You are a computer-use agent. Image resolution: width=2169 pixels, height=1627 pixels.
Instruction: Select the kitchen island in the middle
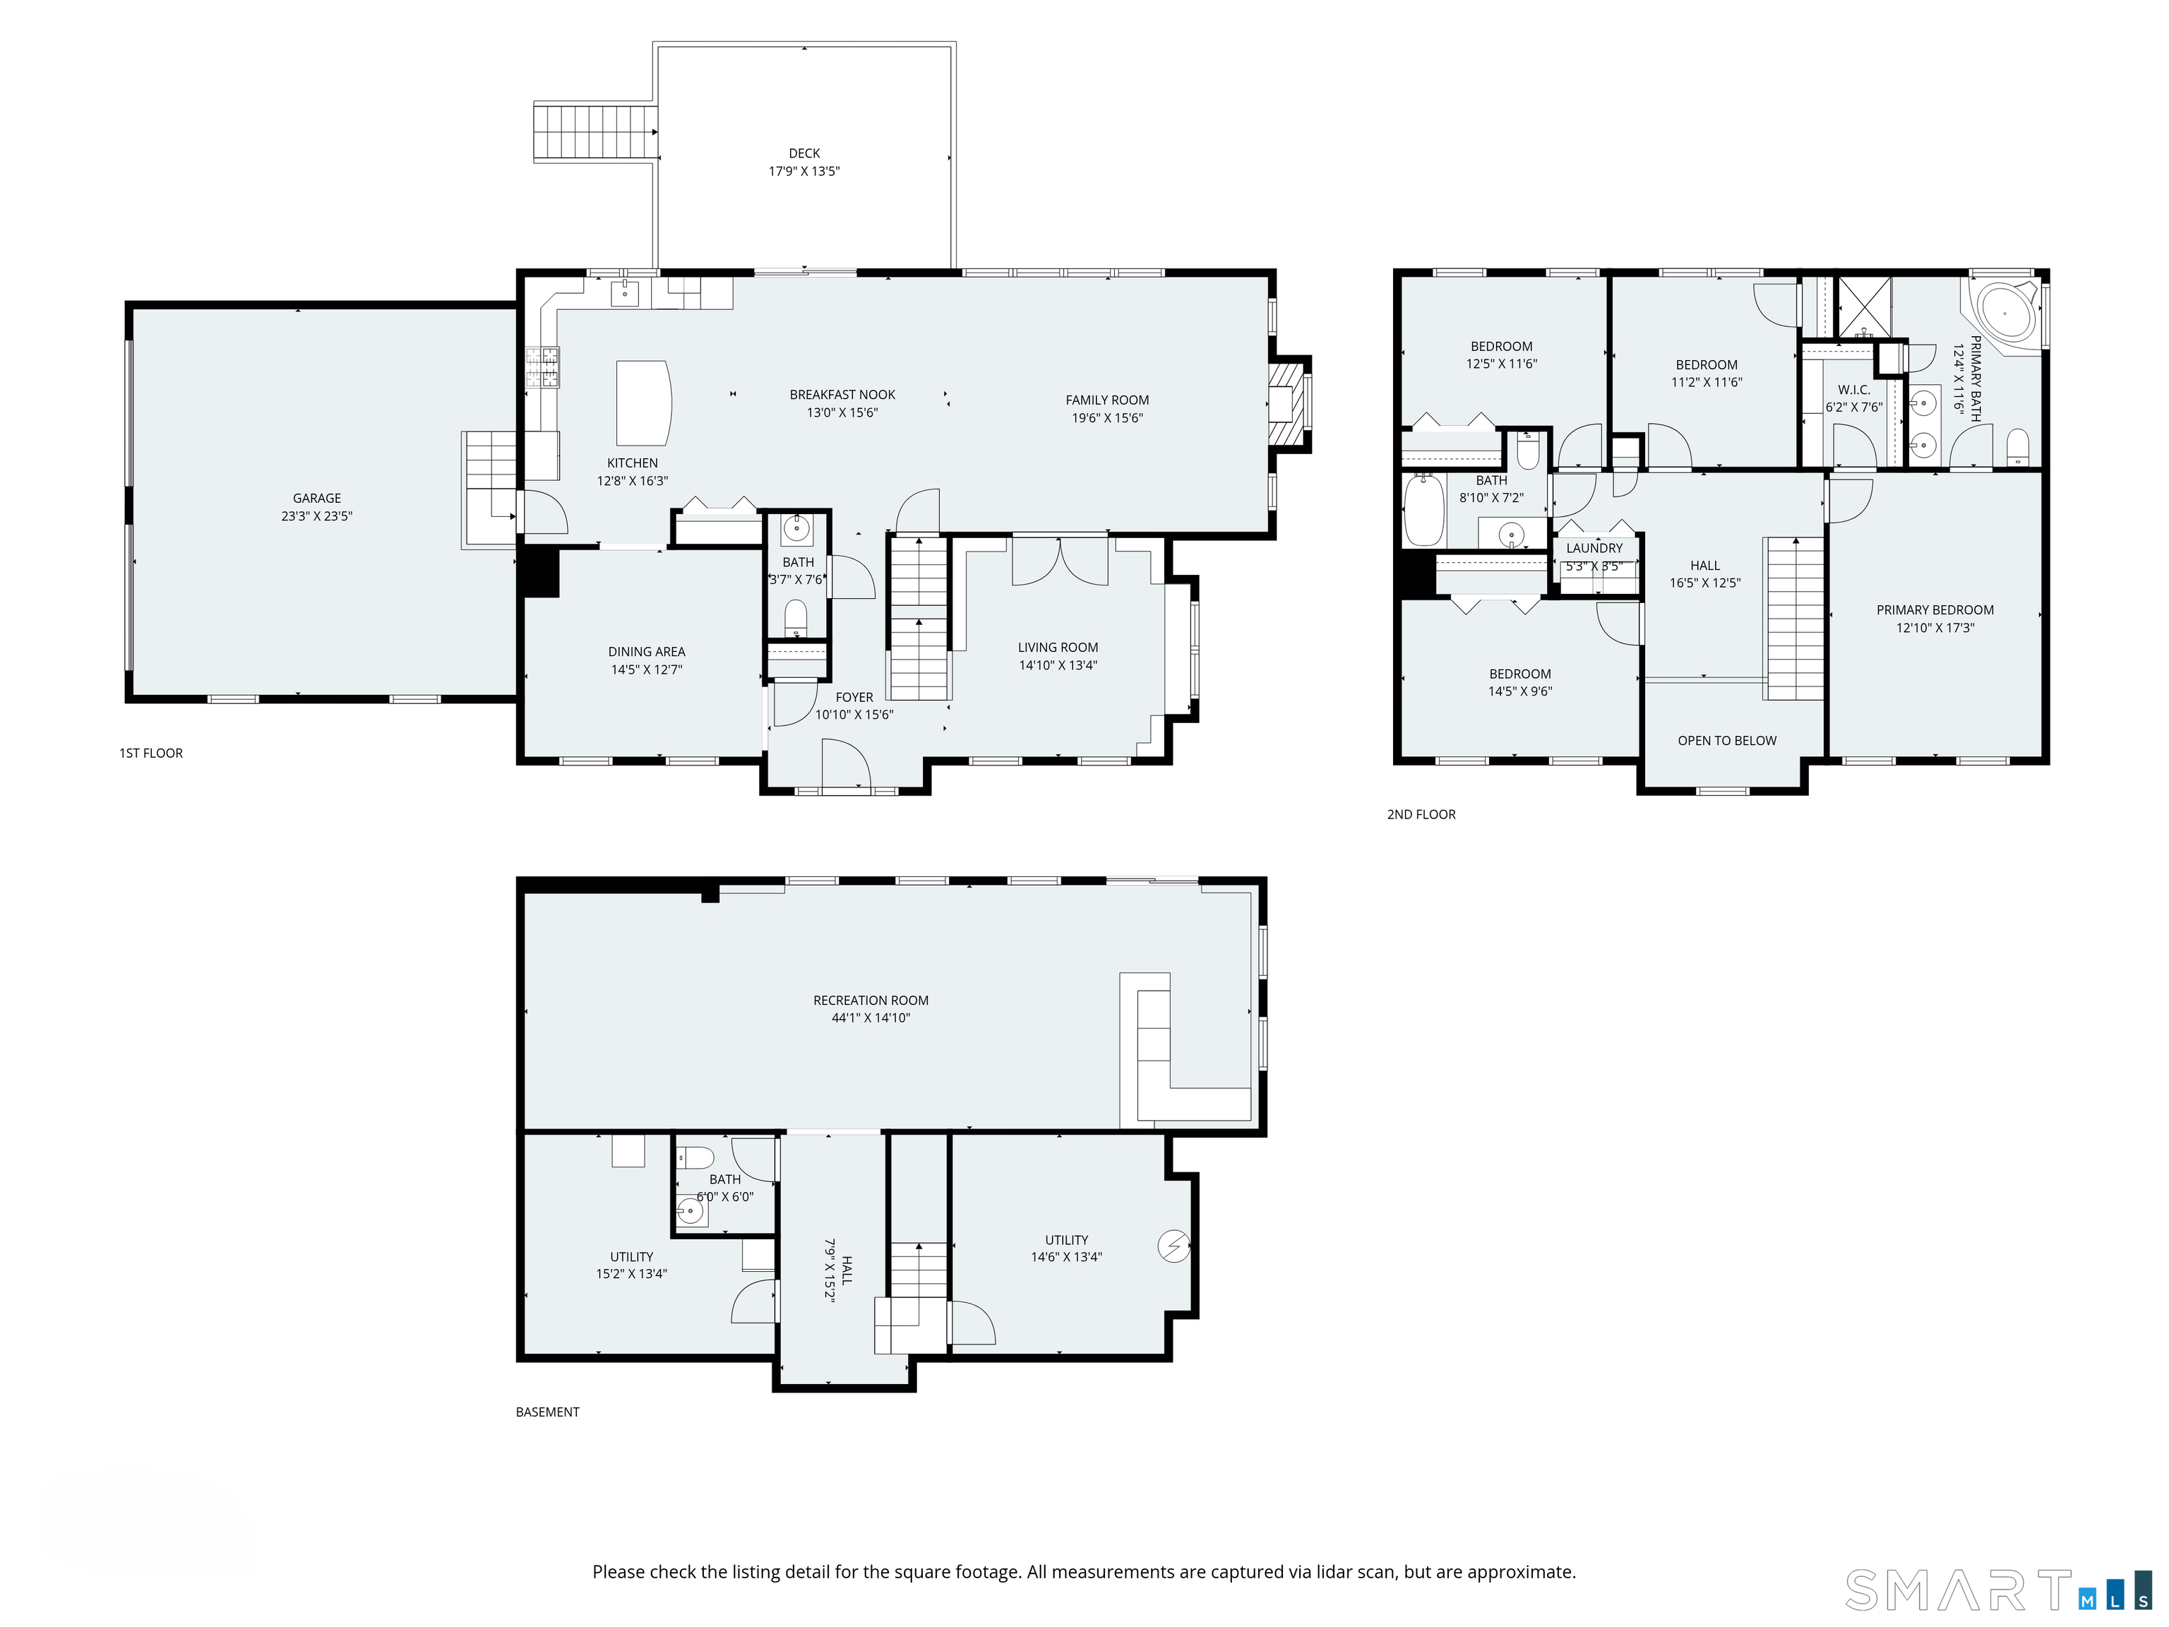(643, 403)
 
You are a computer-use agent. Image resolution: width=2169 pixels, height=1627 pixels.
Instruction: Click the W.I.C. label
(1853, 389)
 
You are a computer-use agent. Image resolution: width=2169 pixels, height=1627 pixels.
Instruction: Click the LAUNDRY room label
(1594, 548)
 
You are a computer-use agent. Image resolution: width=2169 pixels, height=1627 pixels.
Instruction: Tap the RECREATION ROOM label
(870, 1001)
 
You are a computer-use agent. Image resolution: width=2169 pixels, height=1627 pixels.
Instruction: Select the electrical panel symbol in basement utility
(1173, 1246)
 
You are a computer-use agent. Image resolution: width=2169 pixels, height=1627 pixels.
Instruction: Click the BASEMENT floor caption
(547, 1412)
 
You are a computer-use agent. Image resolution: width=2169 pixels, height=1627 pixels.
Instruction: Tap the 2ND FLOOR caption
(1420, 814)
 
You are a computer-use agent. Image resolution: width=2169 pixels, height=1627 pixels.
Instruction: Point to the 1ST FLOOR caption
(151, 753)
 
